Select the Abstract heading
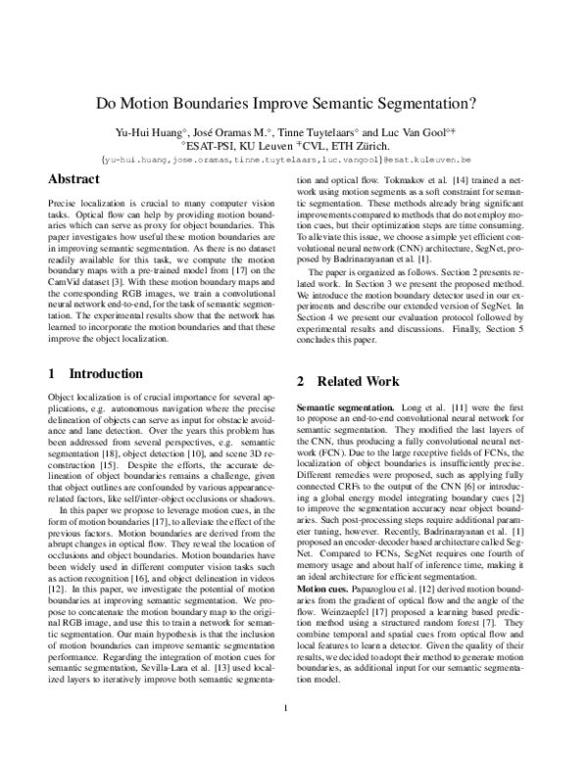tap(74, 179)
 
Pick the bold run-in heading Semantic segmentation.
tap(345, 405)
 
